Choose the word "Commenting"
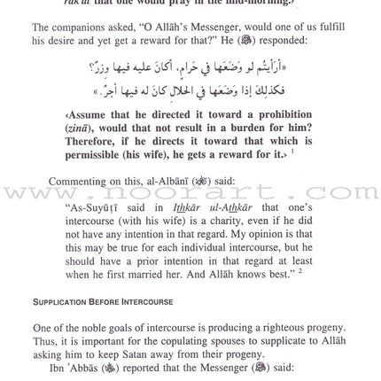click(x=82, y=182)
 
